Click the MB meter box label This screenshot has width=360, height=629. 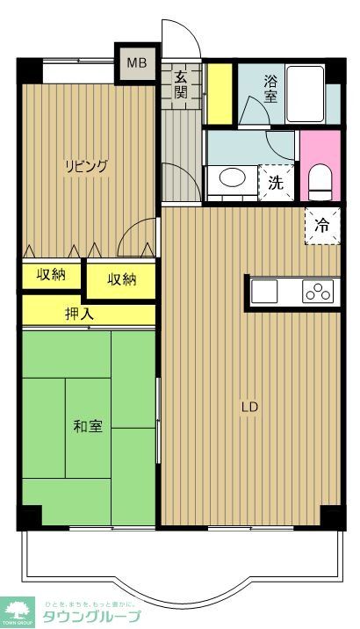(x=137, y=63)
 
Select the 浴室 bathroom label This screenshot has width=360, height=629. (x=271, y=89)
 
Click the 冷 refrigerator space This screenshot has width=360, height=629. (x=323, y=225)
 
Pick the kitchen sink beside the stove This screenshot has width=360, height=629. (x=275, y=292)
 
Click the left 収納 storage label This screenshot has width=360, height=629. (x=51, y=275)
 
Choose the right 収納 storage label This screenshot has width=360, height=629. (x=122, y=279)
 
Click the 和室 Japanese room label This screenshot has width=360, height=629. (x=87, y=426)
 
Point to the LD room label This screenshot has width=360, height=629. (x=250, y=407)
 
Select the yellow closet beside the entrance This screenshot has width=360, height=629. (x=219, y=93)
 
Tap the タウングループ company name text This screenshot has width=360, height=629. (x=92, y=616)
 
